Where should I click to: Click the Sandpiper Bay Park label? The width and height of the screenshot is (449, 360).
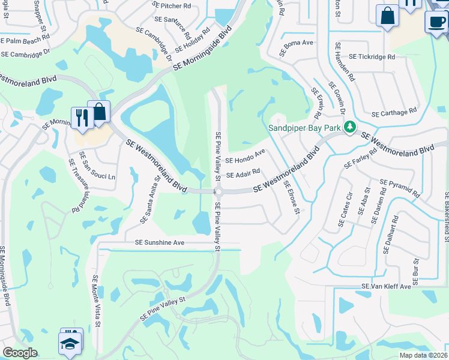[x=304, y=127]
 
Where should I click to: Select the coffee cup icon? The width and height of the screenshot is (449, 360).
[x=435, y=22]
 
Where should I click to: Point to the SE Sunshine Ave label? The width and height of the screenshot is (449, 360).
[x=160, y=243]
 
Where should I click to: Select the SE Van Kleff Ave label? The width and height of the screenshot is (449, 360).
[x=386, y=287]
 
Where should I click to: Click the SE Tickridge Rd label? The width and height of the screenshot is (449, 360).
[x=372, y=57]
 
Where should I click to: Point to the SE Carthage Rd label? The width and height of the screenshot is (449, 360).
[x=394, y=113]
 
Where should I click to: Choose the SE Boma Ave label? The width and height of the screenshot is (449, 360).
[x=299, y=43]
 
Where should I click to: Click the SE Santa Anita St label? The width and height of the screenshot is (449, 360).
[x=150, y=205]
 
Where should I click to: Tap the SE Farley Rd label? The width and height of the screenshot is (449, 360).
[x=360, y=157]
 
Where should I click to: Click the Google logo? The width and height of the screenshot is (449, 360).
[x=20, y=353]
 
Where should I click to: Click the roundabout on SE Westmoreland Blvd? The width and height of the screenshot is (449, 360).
[x=218, y=192]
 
